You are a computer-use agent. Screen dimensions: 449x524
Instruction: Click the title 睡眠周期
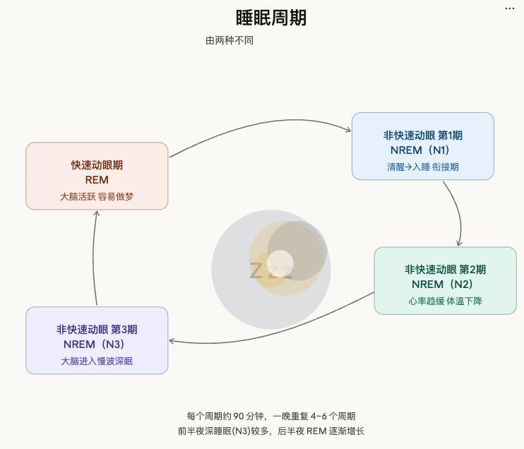coord(271,18)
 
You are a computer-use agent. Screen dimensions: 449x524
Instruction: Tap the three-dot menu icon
coord(510,8)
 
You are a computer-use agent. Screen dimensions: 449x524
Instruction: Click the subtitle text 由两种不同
coord(229,41)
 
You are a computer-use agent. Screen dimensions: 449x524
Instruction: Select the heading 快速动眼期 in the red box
coord(97,165)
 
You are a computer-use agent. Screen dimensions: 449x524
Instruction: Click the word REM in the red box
coord(97,180)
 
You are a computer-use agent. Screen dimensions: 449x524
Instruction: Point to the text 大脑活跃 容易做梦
coord(97,196)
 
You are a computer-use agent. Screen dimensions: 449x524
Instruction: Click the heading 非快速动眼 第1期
coord(422,136)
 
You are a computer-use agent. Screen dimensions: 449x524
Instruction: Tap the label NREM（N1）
coord(422,150)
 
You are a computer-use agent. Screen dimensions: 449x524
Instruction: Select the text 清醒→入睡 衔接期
coord(422,167)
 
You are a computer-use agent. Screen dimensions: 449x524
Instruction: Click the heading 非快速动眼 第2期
coord(445,270)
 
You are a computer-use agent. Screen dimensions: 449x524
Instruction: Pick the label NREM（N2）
coord(445,285)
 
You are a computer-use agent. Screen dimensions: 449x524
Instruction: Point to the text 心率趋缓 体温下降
coord(445,301)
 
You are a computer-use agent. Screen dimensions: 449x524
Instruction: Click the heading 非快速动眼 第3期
coord(97,330)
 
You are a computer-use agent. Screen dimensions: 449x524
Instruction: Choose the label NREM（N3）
coord(97,345)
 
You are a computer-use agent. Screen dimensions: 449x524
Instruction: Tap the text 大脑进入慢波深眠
coord(97,361)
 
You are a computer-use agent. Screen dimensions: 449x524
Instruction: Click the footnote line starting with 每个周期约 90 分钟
coord(271,417)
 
